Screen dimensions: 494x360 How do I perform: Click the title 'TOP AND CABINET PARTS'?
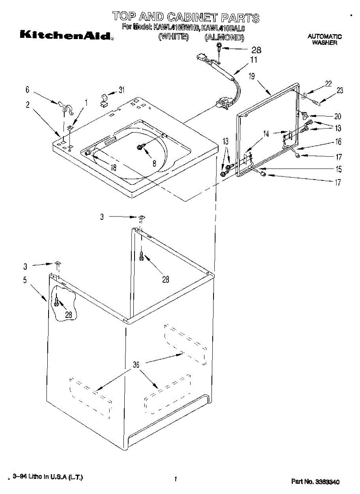click(x=186, y=17)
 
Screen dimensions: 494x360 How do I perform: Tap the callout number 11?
click(x=254, y=60)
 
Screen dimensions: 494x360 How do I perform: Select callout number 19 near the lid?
click(x=252, y=76)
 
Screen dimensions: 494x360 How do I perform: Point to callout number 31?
click(x=122, y=90)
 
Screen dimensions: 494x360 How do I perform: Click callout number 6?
click(x=28, y=89)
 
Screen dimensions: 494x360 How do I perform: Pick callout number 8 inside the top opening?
click(x=154, y=163)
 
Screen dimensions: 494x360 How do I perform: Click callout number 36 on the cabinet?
click(x=136, y=365)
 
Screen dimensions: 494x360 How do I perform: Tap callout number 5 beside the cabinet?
click(x=25, y=280)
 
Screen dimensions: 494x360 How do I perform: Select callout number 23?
click(x=339, y=91)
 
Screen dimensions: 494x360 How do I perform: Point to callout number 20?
click(x=338, y=116)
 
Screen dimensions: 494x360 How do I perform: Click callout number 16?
click(x=338, y=142)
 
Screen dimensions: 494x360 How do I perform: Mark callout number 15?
click(x=338, y=169)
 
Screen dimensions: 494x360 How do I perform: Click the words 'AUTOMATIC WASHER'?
click(x=324, y=40)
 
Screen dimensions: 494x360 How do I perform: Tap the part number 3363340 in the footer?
click(x=316, y=481)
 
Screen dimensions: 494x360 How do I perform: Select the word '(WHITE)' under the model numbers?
click(x=174, y=37)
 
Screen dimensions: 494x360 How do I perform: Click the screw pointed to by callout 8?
click(x=140, y=147)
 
